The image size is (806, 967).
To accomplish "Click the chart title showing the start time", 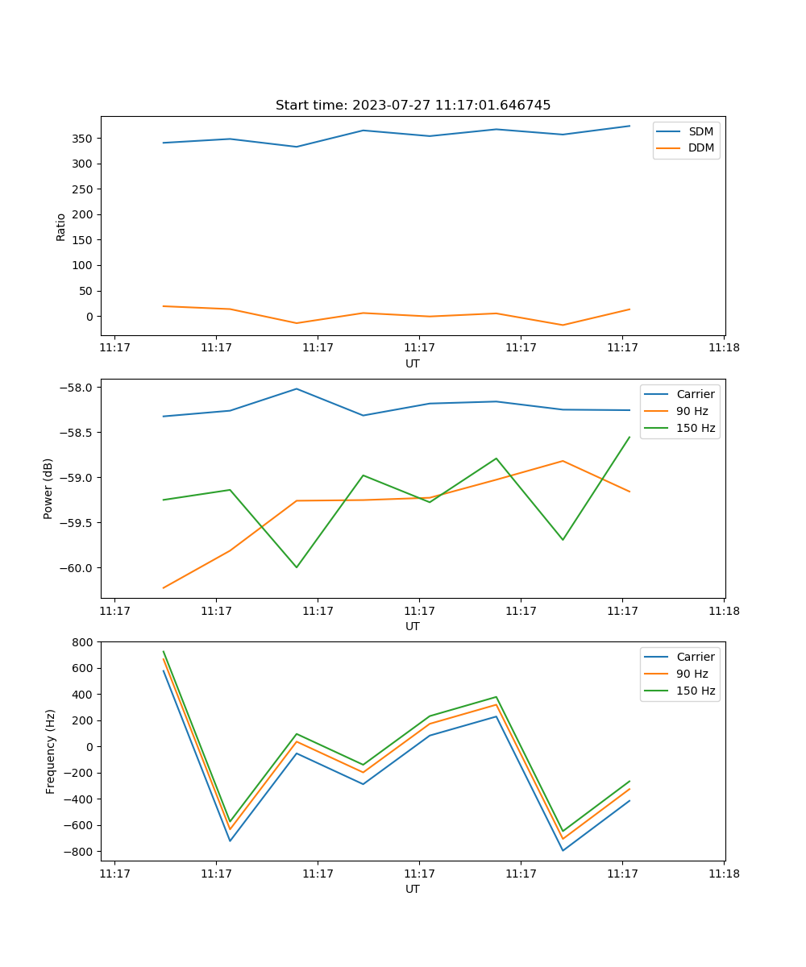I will (413, 106).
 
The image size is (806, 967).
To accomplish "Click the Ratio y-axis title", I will (61, 226).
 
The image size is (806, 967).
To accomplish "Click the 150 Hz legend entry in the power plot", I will (696, 428).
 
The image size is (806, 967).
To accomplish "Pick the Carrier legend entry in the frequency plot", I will (695, 657).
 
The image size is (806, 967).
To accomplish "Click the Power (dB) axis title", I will (48, 488).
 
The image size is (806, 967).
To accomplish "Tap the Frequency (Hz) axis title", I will (50, 751).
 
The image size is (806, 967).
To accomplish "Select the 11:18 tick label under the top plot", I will (724, 348).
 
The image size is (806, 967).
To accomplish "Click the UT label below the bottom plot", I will (413, 889).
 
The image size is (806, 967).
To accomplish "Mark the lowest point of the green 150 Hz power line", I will (297, 567).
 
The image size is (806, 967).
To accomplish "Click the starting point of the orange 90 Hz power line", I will (164, 587).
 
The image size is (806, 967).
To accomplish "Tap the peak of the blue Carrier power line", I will (297, 388).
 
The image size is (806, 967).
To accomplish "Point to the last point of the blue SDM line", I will (629, 126).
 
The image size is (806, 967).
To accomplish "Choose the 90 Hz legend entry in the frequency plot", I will (692, 674).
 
